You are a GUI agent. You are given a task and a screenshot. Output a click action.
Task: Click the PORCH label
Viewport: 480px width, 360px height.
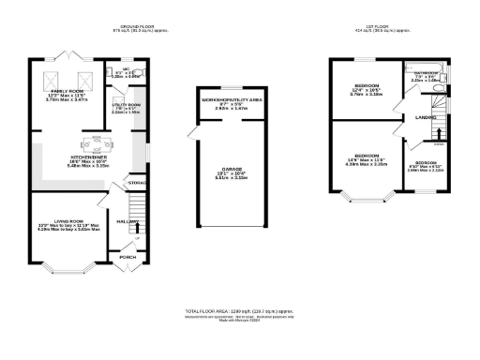point(127,256)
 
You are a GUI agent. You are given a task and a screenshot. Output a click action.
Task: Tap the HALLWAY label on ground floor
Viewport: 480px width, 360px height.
point(123,221)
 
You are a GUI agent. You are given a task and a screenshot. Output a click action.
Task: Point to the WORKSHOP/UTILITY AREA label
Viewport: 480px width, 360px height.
point(225,97)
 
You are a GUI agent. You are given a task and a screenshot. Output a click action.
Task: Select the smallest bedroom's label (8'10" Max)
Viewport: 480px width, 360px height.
point(427,163)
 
